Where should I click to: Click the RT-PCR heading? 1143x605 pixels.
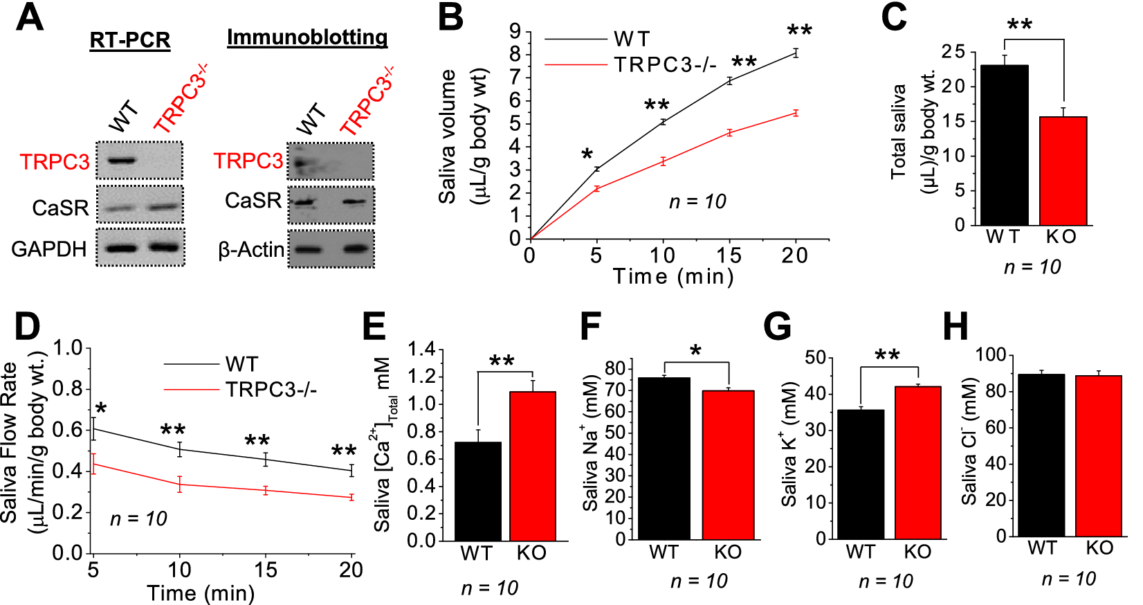pyautogui.click(x=130, y=40)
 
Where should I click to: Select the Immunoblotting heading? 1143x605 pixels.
pyautogui.click(x=307, y=37)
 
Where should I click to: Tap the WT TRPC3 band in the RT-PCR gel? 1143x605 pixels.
pyautogui.click(x=120, y=161)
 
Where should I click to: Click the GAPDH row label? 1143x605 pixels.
pyautogui.click(x=49, y=249)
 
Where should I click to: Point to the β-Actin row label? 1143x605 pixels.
pyautogui.click(x=251, y=249)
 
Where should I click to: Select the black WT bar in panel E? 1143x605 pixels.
pyautogui.click(x=477, y=491)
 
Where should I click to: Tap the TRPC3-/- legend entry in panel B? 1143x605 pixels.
pyautogui.click(x=665, y=65)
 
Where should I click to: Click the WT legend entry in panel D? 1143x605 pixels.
pyautogui.click(x=241, y=364)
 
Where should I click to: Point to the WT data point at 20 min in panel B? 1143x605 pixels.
pyautogui.click(x=796, y=53)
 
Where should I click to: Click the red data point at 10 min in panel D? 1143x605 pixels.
pyautogui.click(x=180, y=484)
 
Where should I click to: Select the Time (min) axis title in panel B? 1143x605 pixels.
pyautogui.click(x=673, y=276)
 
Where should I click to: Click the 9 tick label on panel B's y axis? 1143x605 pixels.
pyautogui.click(x=515, y=31)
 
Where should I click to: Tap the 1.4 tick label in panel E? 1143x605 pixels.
pyautogui.click(x=421, y=350)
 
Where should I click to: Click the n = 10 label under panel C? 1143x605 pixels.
pyautogui.click(x=1032, y=267)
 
